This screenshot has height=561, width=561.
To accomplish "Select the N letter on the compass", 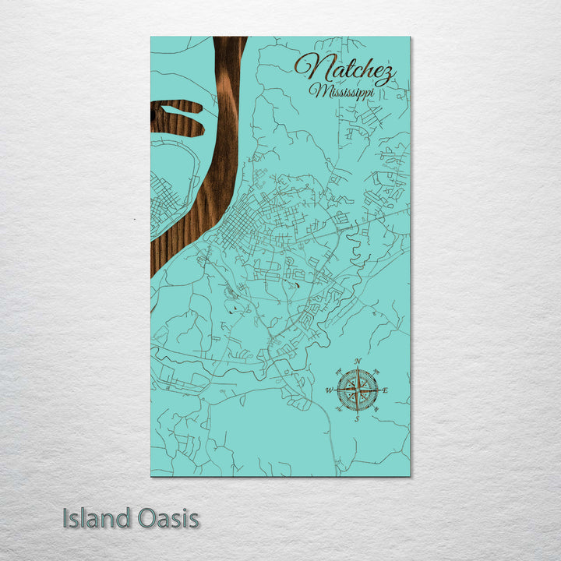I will tap(358, 362).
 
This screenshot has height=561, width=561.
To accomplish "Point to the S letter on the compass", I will tap(357, 418).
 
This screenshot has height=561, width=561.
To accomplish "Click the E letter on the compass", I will tap(385, 390).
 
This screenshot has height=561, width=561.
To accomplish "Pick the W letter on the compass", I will tap(329, 390).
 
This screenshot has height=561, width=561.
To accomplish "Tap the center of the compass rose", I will tap(357, 390).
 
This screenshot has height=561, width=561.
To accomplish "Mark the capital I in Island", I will tap(66, 518).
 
